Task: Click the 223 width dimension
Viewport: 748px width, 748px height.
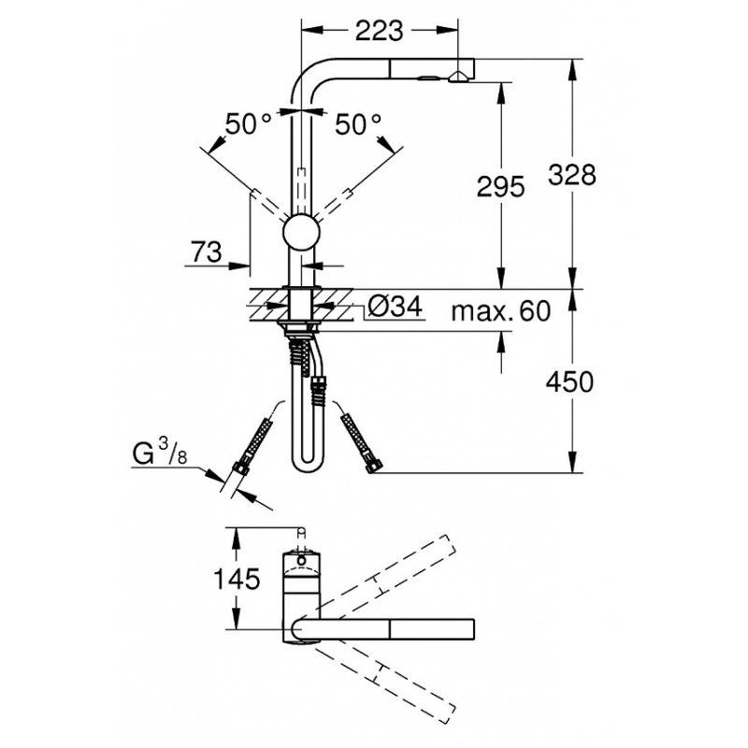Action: (x=380, y=31)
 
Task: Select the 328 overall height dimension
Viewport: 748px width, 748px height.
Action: (x=572, y=175)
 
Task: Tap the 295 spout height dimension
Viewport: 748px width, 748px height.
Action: (x=501, y=186)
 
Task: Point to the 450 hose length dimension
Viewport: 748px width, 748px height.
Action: (x=570, y=382)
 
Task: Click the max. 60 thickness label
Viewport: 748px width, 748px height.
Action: (x=501, y=311)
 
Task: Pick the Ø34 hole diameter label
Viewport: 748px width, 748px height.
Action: (x=395, y=307)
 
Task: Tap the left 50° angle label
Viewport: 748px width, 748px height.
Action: (x=249, y=125)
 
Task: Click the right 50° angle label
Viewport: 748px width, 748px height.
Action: (x=358, y=125)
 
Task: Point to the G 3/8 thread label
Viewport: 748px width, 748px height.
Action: (x=159, y=453)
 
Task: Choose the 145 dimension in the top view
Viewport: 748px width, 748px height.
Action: (x=237, y=580)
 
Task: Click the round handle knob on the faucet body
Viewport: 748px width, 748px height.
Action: (x=301, y=233)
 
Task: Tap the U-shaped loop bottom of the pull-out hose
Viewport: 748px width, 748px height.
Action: (x=307, y=465)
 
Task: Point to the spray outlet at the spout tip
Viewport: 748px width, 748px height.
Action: (x=457, y=77)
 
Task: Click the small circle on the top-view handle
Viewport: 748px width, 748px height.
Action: (x=301, y=559)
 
